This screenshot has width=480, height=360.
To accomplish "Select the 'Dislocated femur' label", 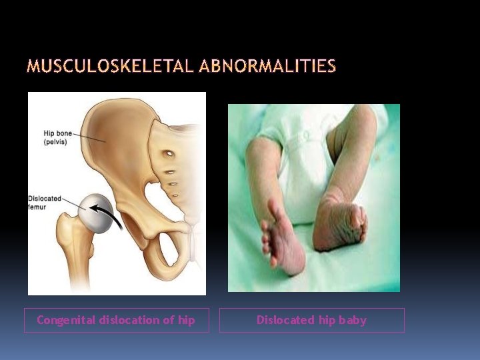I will point(45,203).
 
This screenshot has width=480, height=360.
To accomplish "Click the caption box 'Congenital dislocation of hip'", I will point(116,320).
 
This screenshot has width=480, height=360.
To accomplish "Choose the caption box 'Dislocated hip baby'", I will point(311,320).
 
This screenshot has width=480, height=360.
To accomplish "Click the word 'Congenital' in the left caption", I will point(66,320).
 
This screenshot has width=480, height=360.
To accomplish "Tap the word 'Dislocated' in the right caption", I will point(285,320).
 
